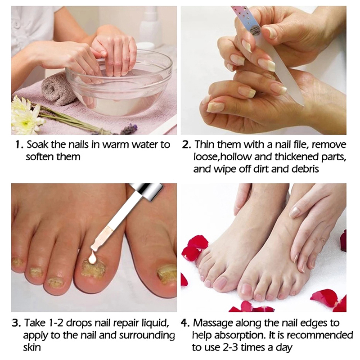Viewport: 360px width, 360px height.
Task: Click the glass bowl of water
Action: (x=119, y=87)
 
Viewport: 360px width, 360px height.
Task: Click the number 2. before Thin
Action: (x=187, y=145)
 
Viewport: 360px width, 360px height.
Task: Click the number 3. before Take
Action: (x=16, y=323)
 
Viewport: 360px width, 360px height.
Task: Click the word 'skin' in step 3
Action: (x=32, y=347)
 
